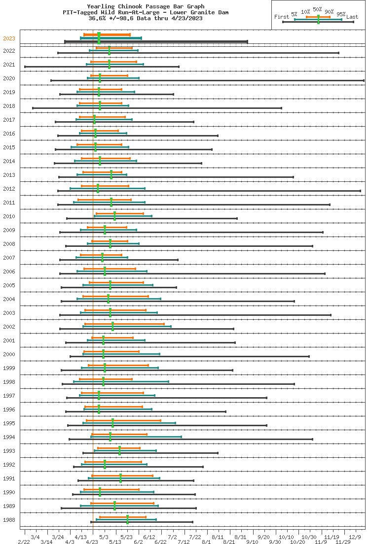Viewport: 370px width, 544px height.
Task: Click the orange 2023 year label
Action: click(x=9, y=38)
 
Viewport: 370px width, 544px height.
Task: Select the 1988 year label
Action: click(x=9, y=520)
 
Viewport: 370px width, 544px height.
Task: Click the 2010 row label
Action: click(x=9, y=216)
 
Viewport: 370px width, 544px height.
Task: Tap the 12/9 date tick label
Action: click(x=355, y=537)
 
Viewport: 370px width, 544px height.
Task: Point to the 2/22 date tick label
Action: click(x=24, y=542)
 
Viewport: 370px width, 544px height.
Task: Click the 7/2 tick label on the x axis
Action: click(x=172, y=537)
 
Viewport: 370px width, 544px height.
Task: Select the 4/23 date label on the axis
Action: click(x=92, y=542)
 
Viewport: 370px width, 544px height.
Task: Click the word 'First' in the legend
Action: click(x=282, y=17)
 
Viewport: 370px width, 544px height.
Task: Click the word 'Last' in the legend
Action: click(x=352, y=17)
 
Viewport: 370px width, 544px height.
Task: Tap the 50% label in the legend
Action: click(x=317, y=9)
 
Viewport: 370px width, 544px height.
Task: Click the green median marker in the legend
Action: click(x=318, y=19)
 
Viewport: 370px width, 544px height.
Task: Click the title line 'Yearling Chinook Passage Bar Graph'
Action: click(x=146, y=6)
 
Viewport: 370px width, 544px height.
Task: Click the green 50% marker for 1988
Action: click(x=127, y=519)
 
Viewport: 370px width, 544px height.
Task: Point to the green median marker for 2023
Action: click(x=99, y=38)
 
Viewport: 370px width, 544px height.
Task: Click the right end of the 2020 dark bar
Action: click(x=364, y=80)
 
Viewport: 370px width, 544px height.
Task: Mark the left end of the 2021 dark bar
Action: click(x=25, y=67)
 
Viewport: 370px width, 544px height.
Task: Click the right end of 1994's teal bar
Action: click(x=181, y=437)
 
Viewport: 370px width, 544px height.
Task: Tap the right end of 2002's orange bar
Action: click(x=164, y=324)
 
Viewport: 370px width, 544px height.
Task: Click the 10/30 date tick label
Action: click(x=309, y=537)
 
